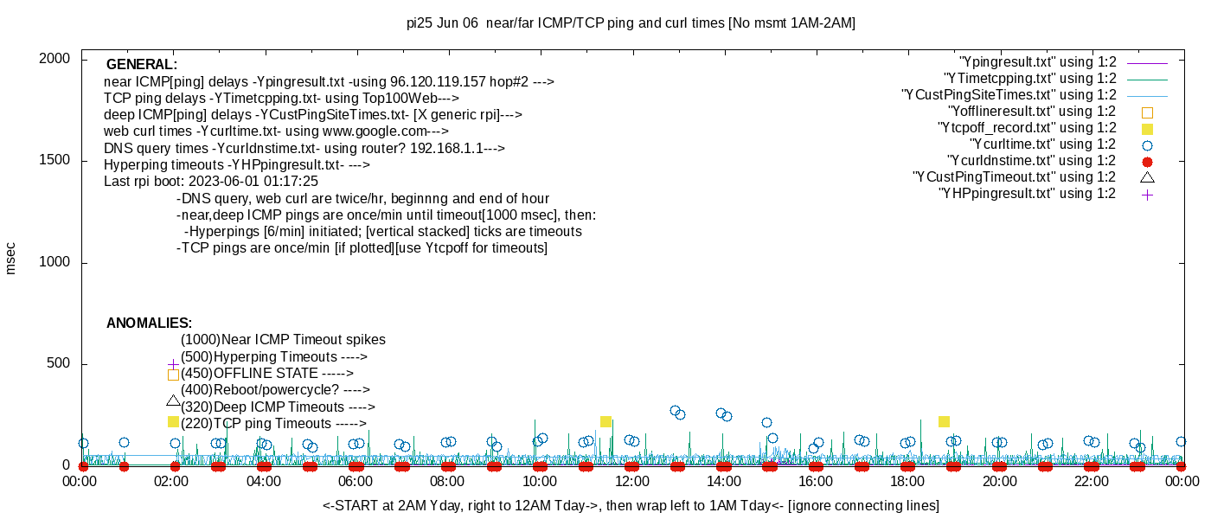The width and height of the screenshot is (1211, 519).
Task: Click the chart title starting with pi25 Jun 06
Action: tap(631, 23)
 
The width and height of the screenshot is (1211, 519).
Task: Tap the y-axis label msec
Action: tap(11, 258)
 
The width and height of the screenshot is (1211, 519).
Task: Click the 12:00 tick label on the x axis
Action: tap(631, 481)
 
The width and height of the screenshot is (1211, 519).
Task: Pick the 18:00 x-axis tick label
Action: tap(907, 481)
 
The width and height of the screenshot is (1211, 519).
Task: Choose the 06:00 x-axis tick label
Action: tap(356, 481)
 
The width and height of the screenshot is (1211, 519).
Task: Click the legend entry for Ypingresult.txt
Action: tap(1037, 62)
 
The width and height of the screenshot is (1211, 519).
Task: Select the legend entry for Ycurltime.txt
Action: tap(1042, 144)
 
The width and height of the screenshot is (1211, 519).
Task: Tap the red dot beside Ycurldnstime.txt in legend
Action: tap(1147, 162)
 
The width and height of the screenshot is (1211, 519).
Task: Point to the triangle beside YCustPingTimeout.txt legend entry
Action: tap(1147, 177)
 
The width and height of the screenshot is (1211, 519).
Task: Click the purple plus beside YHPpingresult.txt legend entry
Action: tap(1147, 195)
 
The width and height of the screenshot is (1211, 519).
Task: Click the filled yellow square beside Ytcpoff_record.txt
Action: tap(1147, 128)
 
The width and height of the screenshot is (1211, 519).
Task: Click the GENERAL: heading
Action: tap(142, 65)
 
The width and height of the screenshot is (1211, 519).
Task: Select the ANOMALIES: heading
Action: tap(149, 324)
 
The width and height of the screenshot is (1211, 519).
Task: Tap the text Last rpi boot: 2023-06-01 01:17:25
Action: tap(211, 182)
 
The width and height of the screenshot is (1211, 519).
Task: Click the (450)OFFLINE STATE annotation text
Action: tap(266, 374)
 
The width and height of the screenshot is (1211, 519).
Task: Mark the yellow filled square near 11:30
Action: tap(605, 422)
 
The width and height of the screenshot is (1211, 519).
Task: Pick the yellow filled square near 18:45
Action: tap(944, 422)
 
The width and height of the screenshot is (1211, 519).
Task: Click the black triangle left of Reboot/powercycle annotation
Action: tap(173, 400)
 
